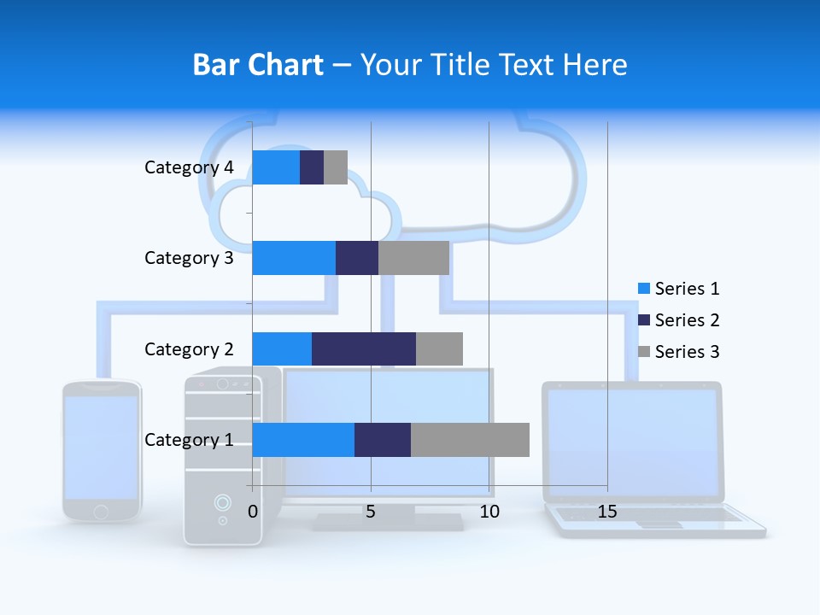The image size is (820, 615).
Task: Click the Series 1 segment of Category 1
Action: tap(302, 440)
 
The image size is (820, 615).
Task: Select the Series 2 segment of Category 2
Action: tap(363, 348)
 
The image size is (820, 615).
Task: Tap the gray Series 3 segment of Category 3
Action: tap(413, 258)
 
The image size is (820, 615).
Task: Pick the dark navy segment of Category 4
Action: tap(312, 167)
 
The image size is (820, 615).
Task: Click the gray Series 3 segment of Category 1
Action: tap(470, 440)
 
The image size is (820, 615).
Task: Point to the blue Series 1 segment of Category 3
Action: tap(293, 258)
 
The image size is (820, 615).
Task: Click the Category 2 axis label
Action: tap(189, 348)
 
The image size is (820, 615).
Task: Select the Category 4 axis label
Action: tap(189, 167)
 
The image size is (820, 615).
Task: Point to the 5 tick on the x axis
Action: tap(371, 512)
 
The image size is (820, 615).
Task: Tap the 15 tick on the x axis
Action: tap(607, 512)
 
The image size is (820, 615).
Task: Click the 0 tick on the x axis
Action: tap(253, 512)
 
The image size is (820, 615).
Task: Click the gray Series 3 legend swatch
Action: tap(644, 352)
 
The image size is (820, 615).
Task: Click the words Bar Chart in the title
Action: tap(258, 65)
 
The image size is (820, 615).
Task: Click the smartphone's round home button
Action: tap(101, 511)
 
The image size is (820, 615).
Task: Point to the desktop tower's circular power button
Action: tap(222, 502)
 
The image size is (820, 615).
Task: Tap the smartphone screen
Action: tap(101, 447)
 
